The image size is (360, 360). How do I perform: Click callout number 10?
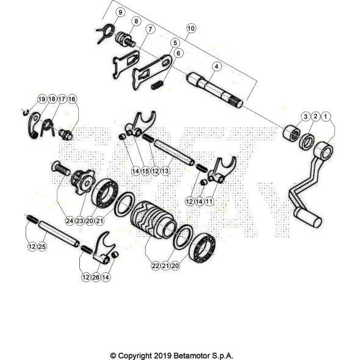tap(191, 29)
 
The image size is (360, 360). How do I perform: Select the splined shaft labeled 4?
tap(215, 90)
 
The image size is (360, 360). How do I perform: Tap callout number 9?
tap(120, 12)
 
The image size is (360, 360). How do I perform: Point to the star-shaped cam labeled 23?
tap(82, 181)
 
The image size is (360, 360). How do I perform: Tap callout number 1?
tap(326, 116)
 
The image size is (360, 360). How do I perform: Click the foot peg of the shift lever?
tap(309, 218)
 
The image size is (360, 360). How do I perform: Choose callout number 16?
tap(72, 99)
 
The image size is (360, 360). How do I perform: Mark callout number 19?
tap(41, 99)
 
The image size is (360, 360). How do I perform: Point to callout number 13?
tap(165, 171)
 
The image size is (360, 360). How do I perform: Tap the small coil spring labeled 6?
tap(157, 85)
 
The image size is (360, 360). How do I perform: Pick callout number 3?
tap(305, 116)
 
